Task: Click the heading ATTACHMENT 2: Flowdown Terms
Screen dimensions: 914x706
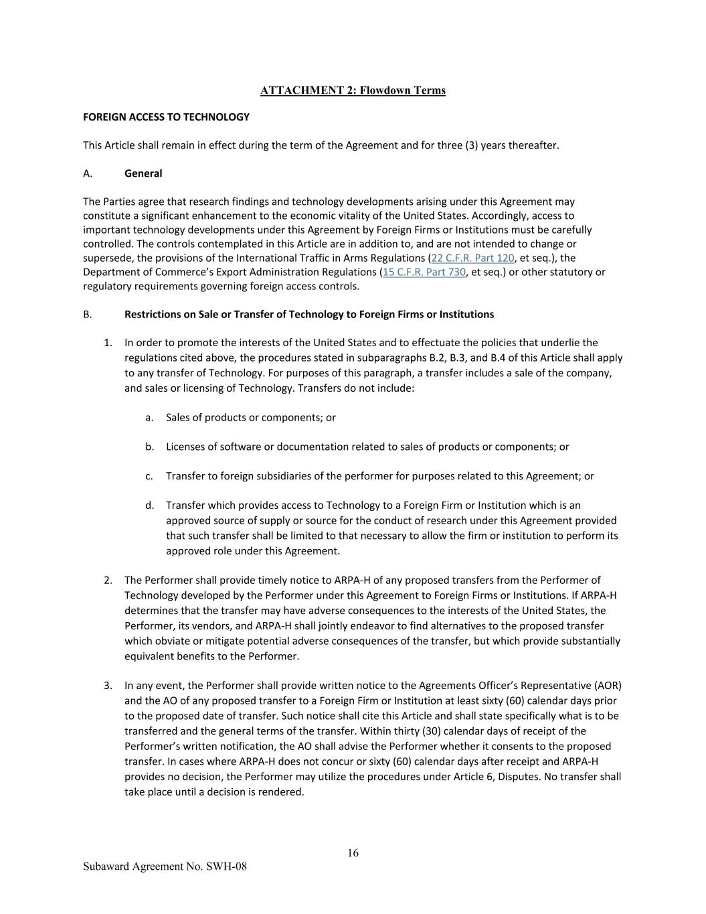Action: pyautogui.click(x=353, y=90)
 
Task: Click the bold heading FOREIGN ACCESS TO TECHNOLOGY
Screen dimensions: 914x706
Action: pyautogui.click(x=166, y=117)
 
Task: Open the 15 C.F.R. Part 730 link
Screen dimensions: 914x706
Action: pyautogui.click(x=424, y=272)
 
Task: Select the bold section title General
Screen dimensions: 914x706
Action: pyautogui.click(x=143, y=173)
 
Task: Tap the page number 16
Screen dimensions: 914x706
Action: pyautogui.click(x=353, y=852)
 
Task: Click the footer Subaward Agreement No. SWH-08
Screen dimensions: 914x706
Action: pyautogui.click(x=165, y=866)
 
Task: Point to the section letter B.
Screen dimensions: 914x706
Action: pyautogui.click(x=87, y=314)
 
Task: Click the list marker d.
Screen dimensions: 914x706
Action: pyautogui.click(x=149, y=506)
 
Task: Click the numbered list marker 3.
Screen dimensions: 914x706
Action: pyautogui.click(x=108, y=685)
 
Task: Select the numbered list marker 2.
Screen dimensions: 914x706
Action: pyautogui.click(x=108, y=580)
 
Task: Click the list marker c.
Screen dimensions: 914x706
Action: pyautogui.click(x=149, y=476)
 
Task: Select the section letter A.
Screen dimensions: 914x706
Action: pyautogui.click(x=87, y=173)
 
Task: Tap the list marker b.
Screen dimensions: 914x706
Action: pyautogui.click(x=149, y=447)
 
